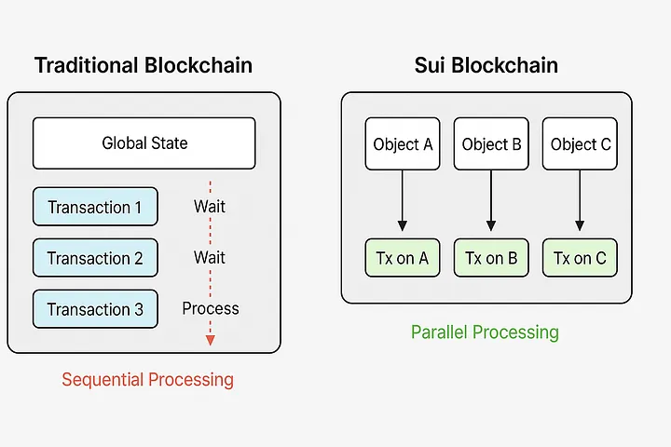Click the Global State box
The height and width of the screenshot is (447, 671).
pos(144,143)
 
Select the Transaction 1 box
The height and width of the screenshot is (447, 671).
pos(95,207)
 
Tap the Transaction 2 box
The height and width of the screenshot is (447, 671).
pos(95,258)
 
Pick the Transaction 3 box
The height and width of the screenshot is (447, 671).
pos(95,309)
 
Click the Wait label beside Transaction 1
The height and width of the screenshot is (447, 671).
pos(210,207)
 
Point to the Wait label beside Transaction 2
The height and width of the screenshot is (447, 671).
pos(210,258)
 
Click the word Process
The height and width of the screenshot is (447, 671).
pos(211,308)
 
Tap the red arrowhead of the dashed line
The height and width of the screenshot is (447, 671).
pos(210,341)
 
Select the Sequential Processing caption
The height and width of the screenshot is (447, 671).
pos(147,380)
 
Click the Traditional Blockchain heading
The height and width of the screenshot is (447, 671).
pos(144,65)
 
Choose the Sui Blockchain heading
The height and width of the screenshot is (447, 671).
pos(486,65)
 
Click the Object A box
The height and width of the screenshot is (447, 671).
pos(403,143)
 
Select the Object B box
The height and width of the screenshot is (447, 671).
pos(491,143)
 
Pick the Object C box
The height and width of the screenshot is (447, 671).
pos(580,143)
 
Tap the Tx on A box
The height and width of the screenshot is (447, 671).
pos(403,258)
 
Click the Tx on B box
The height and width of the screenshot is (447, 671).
pos(491,258)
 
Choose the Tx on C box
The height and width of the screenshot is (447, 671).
pos(580,258)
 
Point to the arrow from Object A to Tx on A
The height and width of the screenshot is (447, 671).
pos(403,200)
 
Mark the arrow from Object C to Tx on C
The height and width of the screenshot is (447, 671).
pos(580,200)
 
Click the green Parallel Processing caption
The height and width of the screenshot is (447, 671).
pos(485,332)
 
